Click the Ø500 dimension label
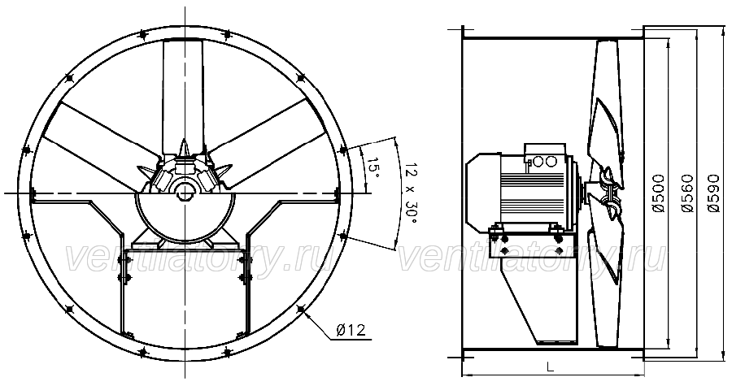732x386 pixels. [658, 193]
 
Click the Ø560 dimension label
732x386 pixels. [686, 193]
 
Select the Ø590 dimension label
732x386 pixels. [713, 193]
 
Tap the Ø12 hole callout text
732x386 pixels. [351, 330]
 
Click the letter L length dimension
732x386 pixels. [551, 366]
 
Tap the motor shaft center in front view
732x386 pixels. [185, 192]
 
